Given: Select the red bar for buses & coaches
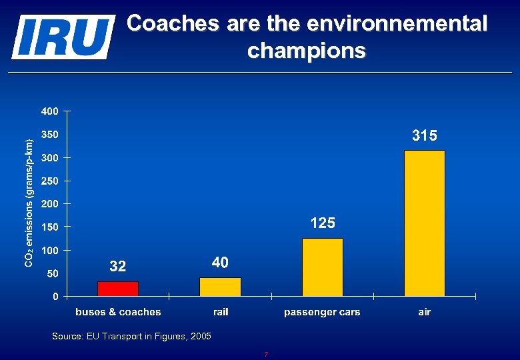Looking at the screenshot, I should tap(118, 289).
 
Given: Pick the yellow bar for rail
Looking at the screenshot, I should tap(220, 287).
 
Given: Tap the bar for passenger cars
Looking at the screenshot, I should tap(323, 267).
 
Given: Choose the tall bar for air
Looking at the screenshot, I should tap(425, 223).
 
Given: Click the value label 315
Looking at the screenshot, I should tap(425, 136).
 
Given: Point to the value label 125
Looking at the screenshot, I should tap(323, 223).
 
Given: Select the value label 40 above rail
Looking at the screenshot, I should tap(220, 263).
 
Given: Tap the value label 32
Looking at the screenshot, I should tap(118, 267).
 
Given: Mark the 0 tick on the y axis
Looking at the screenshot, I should tap(56, 296).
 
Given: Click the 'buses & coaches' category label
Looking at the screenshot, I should tap(118, 312).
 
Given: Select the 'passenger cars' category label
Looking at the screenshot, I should tap(322, 312).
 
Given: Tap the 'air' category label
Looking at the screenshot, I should tap(425, 312).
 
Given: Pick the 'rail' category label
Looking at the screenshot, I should tap(221, 312).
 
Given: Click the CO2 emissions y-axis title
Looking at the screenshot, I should tap(29, 203).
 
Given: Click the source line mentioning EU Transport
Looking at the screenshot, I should tap(131, 337).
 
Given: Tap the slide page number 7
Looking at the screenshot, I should tap(265, 355).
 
